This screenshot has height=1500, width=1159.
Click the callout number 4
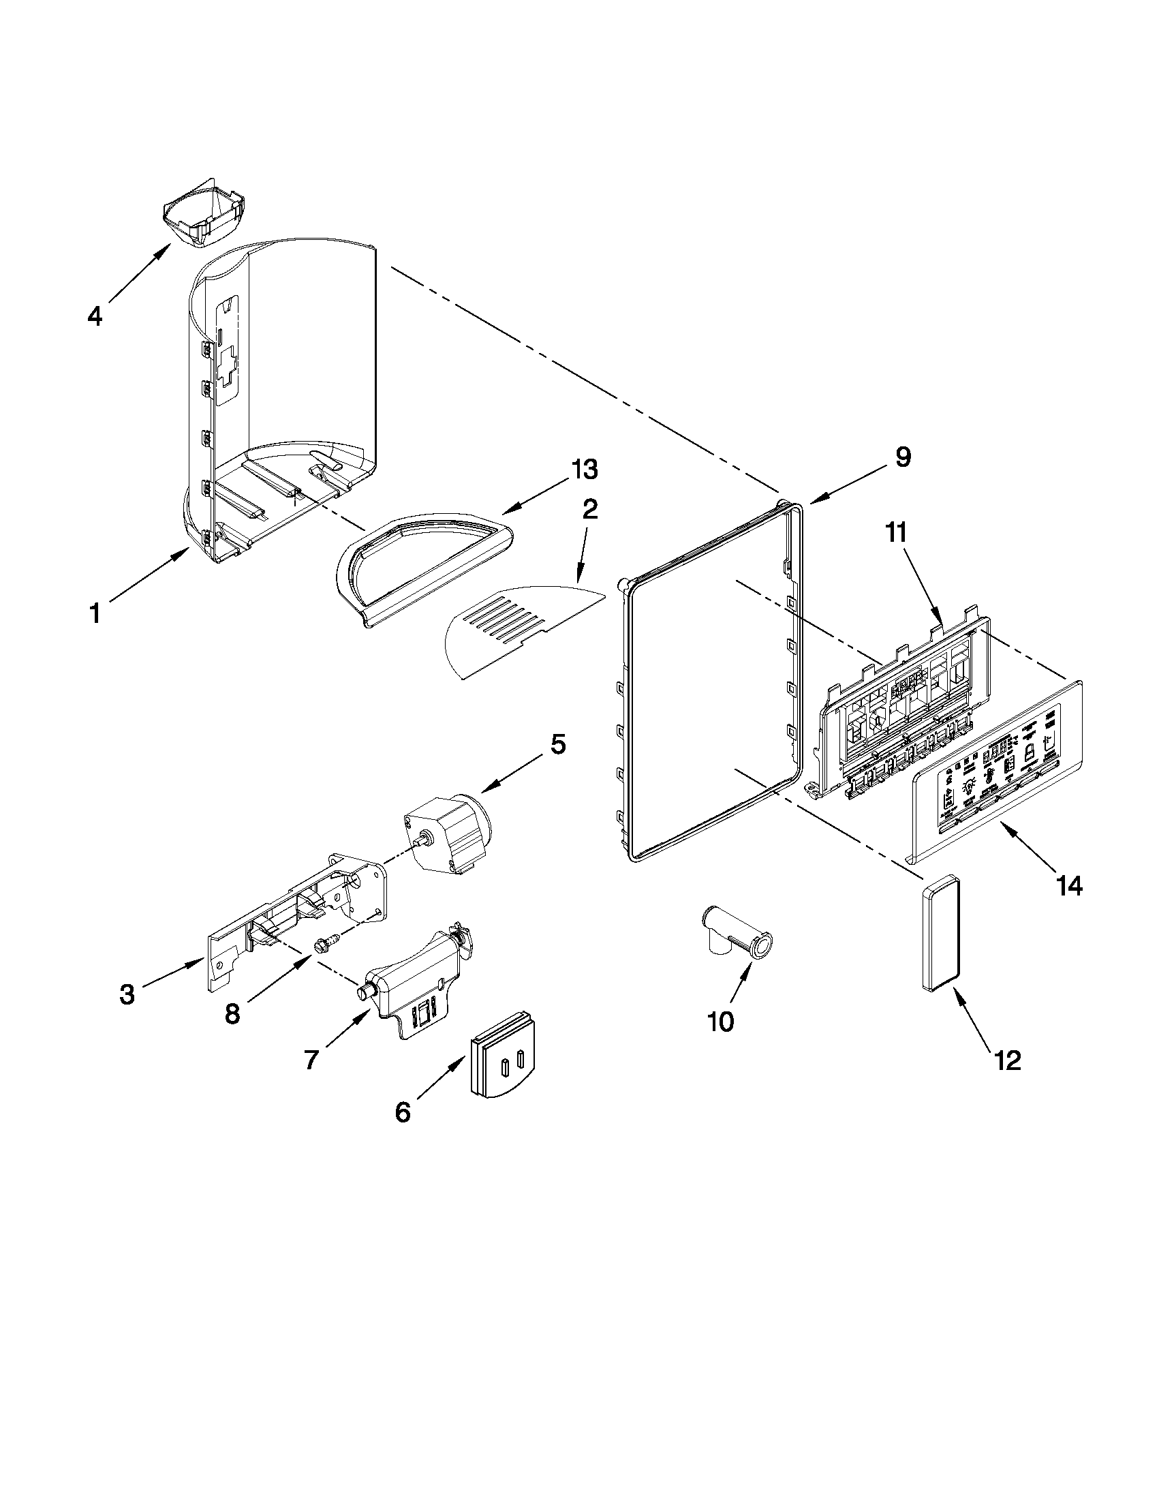click(x=95, y=317)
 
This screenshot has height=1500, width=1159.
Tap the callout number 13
click(x=584, y=470)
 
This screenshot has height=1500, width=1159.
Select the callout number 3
click(x=127, y=994)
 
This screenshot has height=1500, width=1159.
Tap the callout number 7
click(x=311, y=1060)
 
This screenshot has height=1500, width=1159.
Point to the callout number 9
click(x=903, y=457)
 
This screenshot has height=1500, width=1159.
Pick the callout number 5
click(x=557, y=744)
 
